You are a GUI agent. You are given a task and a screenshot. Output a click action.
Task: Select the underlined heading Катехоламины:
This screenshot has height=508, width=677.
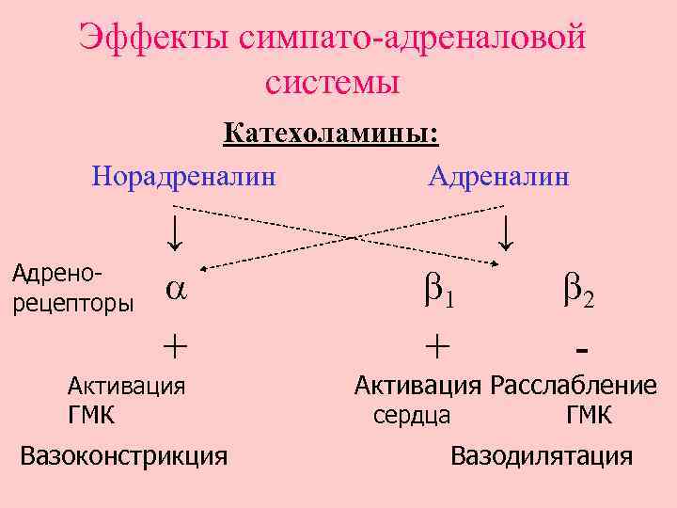pyautogui.click(x=331, y=133)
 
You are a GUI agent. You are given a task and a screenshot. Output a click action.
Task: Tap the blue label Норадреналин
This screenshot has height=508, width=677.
pyautogui.click(x=184, y=175)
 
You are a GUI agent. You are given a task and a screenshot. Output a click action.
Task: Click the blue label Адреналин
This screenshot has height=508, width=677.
pyautogui.click(x=498, y=175)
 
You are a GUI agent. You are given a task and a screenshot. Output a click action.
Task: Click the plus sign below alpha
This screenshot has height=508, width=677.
pyautogui.click(x=174, y=346)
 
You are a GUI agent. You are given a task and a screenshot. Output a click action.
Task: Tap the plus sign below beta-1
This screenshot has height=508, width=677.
pyautogui.click(x=435, y=346)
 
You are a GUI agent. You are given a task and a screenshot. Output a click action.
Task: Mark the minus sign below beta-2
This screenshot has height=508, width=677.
pyautogui.click(x=581, y=350)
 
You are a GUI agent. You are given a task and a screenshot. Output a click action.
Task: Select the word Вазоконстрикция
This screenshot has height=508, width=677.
pyautogui.click(x=124, y=456)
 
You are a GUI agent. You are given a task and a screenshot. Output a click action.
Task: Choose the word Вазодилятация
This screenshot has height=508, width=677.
pyautogui.click(x=542, y=457)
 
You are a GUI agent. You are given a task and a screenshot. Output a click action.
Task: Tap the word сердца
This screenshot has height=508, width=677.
pyautogui.click(x=412, y=415)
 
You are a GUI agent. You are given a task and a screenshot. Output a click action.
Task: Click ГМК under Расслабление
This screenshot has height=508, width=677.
pyautogui.click(x=589, y=415)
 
